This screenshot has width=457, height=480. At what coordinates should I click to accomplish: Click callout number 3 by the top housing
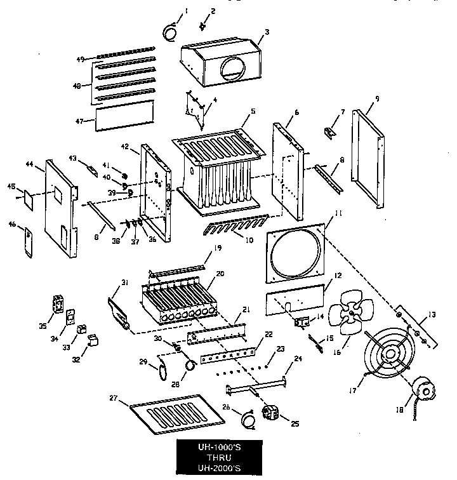point(267,31)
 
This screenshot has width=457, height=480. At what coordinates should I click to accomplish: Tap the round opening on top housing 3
point(231,66)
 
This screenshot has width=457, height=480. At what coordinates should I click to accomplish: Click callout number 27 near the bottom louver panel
point(114,399)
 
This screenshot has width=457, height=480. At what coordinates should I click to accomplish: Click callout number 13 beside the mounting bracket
point(432,313)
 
